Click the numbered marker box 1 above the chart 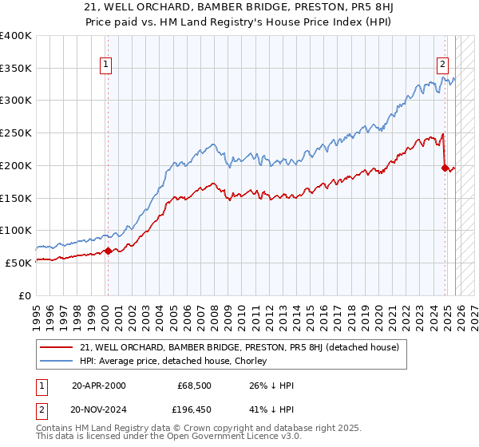tap(105, 66)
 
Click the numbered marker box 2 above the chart tap(442, 66)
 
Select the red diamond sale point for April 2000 tap(107, 251)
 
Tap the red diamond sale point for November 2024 tap(445, 167)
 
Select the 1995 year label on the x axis tap(37, 312)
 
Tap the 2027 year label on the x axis tap(473, 312)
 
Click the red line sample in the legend tap(57, 347)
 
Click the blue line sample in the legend tap(57, 362)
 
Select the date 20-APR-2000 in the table tap(99, 386)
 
